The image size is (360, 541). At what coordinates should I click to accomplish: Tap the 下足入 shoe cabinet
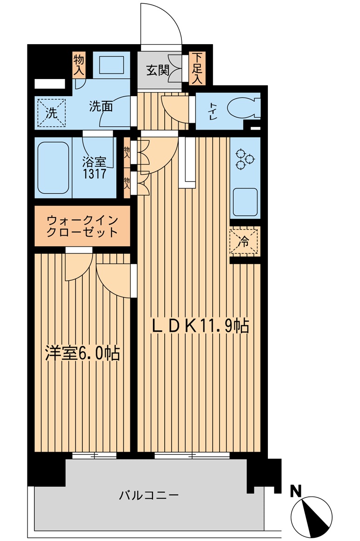tap(197, 69)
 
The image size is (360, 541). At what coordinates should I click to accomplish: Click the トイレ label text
tap(212, 111)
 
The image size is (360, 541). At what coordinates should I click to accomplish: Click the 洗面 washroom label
tap(101, 106)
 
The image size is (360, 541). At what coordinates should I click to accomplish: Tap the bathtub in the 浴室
tap(53, 167)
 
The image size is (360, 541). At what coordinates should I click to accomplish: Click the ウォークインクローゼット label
tap(82, 225)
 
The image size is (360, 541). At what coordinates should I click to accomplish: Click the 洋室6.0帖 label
tap(82, 353)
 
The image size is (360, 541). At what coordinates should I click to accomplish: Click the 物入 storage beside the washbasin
tap(78, 65)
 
